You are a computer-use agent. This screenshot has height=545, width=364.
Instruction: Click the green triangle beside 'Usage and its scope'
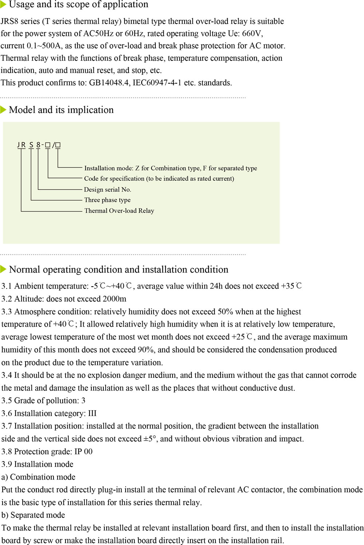pos(3,5)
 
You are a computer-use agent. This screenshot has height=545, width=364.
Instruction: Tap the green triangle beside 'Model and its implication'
pos(3,110)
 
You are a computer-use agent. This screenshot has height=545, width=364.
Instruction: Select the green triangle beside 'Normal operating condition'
pos(3,269)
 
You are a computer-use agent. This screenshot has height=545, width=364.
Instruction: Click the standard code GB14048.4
pos(109,83)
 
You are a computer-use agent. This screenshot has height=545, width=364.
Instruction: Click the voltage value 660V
pos(252,34)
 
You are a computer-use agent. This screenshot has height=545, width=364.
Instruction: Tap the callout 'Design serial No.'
pos(107,189)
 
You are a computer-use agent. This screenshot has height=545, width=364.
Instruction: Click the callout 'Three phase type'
pos(107,200)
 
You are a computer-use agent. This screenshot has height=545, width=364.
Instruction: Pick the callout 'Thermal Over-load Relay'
pos(119,211)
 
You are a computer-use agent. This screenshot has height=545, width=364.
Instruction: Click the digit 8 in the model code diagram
pos(38,145)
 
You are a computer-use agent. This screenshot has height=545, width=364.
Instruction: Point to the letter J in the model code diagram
pos(19,145)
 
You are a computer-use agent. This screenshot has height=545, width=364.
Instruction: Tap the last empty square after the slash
pos(58,145)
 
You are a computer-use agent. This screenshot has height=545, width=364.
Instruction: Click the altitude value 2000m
pos(114,299)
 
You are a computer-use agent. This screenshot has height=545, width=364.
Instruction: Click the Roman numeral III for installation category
pos(92,413)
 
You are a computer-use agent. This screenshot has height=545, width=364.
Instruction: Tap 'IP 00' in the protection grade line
pos(83,452)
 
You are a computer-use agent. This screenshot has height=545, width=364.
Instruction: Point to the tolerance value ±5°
pos(150,439)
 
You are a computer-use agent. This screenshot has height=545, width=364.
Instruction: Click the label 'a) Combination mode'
pos(38,477)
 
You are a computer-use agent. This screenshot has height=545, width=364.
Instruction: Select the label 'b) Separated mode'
pos(33,515)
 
